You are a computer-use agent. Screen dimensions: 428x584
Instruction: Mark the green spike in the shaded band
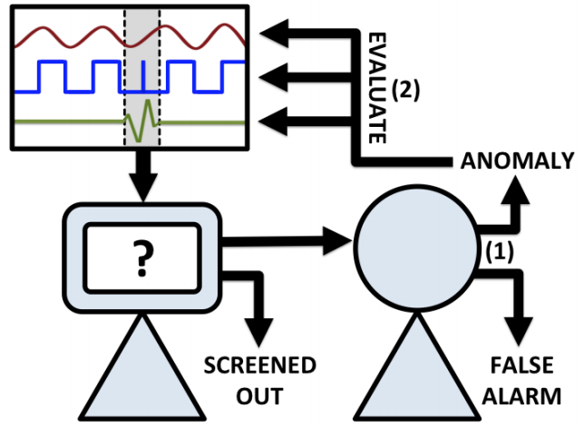(x=140, y=122)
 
